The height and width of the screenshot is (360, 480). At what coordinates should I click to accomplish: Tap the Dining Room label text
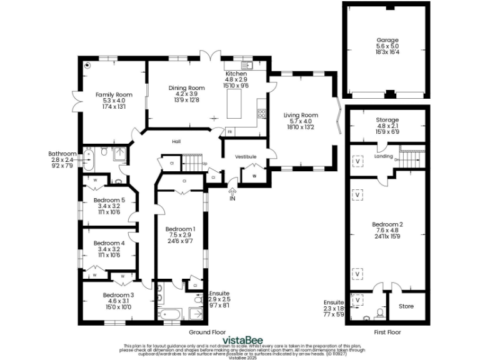(186, 88)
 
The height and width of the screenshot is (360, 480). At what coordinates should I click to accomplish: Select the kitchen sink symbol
(245, 65)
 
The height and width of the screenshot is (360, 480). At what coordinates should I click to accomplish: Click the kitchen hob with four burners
(261, 114)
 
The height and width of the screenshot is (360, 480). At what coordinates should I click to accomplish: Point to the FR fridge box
(230, 132)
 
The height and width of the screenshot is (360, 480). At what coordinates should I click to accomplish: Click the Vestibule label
(246, 156)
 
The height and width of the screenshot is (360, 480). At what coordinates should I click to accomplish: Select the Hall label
(176, 142)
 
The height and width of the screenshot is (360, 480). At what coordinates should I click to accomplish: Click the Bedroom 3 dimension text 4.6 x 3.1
(118, 301)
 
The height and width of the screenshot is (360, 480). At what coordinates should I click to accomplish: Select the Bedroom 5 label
(109, 200)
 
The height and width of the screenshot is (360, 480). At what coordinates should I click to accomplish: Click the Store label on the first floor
(406, 306)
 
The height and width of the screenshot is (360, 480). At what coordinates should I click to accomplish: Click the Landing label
(384, 157)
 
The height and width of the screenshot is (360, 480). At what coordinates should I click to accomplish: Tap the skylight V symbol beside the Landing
(357, 160)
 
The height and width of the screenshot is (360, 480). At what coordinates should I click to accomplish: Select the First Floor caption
(386, 332)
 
